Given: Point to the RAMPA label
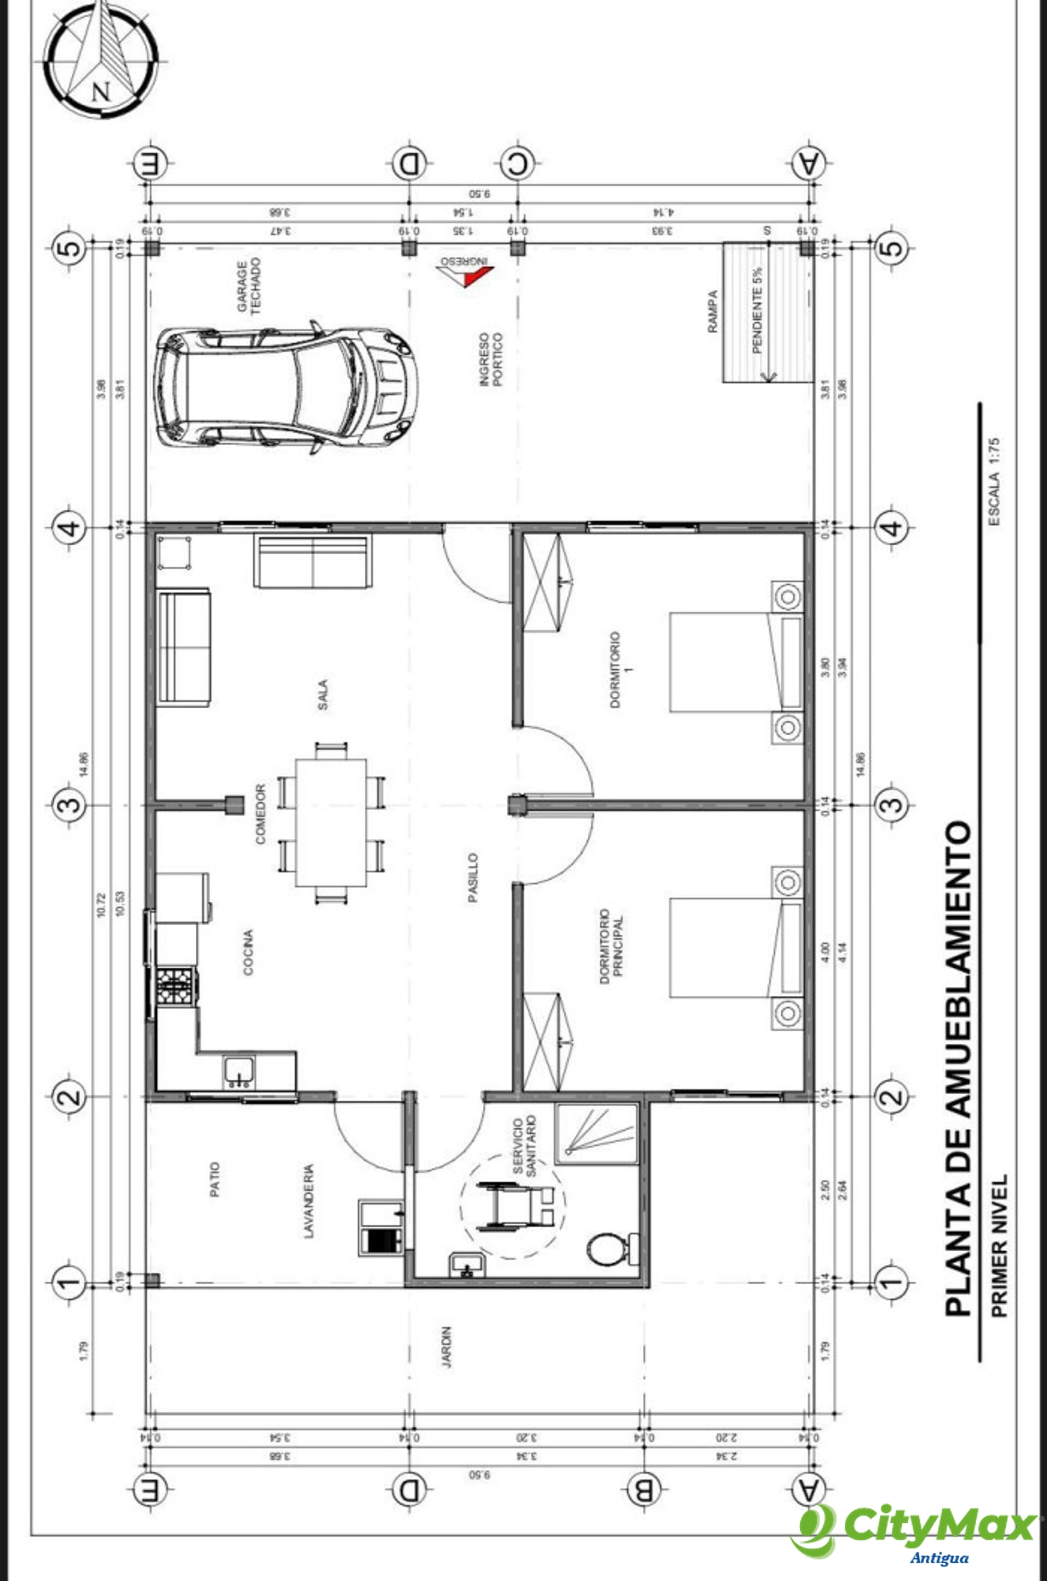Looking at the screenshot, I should [713, 311].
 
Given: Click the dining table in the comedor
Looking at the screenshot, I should [331, 823].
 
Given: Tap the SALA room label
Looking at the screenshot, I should [323, 694].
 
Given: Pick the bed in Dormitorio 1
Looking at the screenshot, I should [734, 662].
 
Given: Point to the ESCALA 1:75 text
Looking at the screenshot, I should [994, 482].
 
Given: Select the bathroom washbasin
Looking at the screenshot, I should [467, 1264].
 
